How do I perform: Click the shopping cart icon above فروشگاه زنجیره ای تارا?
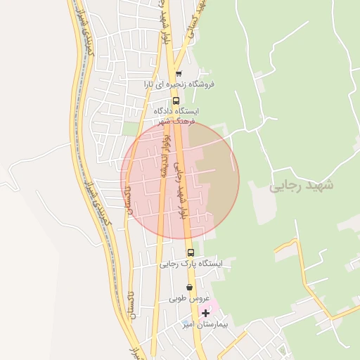click(x=179, y=74)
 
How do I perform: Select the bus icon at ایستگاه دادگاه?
click(x=176, y=101)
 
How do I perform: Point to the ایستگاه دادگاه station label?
click(x=175, y=111)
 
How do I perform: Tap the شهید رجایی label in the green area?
click(x=302, y=185)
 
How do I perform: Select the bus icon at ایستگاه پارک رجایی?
click(x=191, y=252)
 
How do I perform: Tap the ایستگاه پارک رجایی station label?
click(x=190, y=264)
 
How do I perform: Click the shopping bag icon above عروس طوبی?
click(x=189, y=287)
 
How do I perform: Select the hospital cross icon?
click(x=205, y=313)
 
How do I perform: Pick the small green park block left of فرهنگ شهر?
click(x=130, y=128)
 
